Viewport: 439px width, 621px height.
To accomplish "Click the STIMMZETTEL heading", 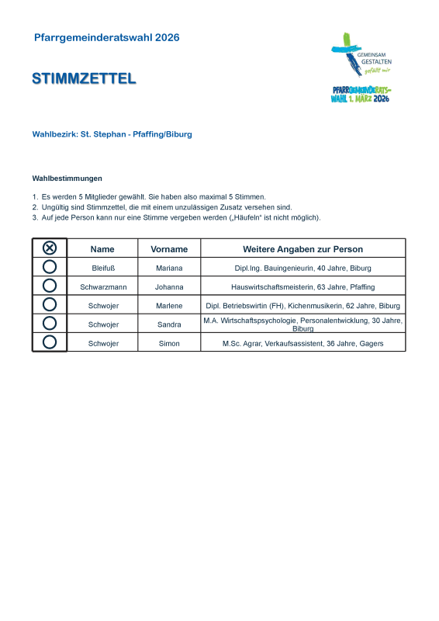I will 84,78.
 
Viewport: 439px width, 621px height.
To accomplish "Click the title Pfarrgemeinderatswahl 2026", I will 106,37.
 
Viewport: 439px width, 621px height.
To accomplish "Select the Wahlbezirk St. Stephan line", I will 112,134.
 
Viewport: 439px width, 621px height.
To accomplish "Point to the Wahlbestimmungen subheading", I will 67,179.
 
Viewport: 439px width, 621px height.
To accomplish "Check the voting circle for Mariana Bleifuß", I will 49,267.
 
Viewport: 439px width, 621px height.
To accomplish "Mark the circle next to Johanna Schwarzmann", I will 49,286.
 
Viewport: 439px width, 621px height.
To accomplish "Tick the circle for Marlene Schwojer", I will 49,304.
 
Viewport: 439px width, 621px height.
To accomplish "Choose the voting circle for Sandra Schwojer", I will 49,323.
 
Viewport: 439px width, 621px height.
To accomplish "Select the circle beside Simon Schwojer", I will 49,342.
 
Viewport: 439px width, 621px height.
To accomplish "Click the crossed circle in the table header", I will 49,248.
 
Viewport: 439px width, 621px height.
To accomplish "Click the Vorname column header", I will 169,249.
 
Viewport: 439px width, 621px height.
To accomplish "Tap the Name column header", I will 102,249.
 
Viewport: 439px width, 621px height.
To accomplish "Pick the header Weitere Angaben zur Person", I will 302,249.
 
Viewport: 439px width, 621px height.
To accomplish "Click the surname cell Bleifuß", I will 103,268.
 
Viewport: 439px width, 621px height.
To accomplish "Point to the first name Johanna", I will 169,287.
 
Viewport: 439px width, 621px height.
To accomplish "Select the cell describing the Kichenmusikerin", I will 302,306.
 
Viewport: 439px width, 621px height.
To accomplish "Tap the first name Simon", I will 169,344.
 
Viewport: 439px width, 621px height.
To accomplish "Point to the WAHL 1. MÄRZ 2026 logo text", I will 360,99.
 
